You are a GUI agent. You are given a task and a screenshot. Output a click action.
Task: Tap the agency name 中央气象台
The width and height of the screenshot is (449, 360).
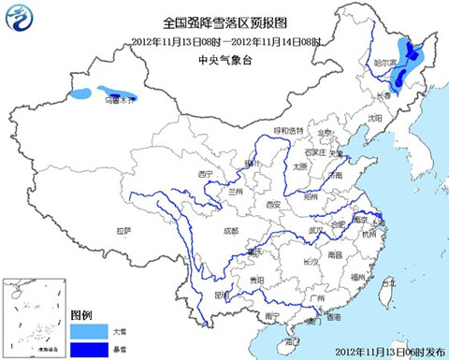[x=224, y=59]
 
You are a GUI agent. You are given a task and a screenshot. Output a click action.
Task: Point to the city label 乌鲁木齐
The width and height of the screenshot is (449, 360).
[x=119, y=97]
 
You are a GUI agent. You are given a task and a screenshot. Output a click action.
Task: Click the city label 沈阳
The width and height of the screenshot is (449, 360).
[x=376, y=119]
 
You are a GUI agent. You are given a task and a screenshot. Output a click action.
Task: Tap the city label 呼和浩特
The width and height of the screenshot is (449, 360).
[x=288, y=130]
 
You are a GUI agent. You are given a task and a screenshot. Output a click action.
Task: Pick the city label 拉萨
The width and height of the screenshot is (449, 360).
[x=123, y=230]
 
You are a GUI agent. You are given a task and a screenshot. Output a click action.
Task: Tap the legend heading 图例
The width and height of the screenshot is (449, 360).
[x=81, y=312]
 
